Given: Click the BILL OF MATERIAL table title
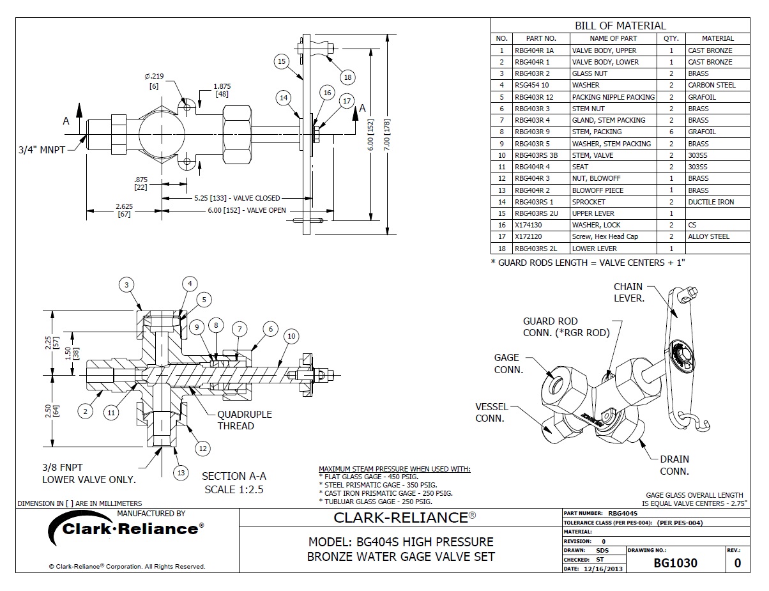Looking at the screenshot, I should pos(620,26).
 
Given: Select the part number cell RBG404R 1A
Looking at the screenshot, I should pos(533,50).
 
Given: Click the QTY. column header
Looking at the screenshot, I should pos(671,38).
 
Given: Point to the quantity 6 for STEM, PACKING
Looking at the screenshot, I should pos(671,132).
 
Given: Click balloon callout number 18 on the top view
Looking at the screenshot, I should pos(347,77).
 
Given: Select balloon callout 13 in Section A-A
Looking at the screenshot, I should pos(181,473).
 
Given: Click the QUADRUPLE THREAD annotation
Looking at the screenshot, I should pos(245,420).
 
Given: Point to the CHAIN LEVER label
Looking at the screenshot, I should pos(628,292).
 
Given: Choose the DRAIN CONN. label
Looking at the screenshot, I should pos(674,465).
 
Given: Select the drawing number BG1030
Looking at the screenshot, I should pos(675,563).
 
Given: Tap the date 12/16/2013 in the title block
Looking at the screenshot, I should pos(604,568).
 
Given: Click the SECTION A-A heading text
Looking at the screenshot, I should pos(234,476).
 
